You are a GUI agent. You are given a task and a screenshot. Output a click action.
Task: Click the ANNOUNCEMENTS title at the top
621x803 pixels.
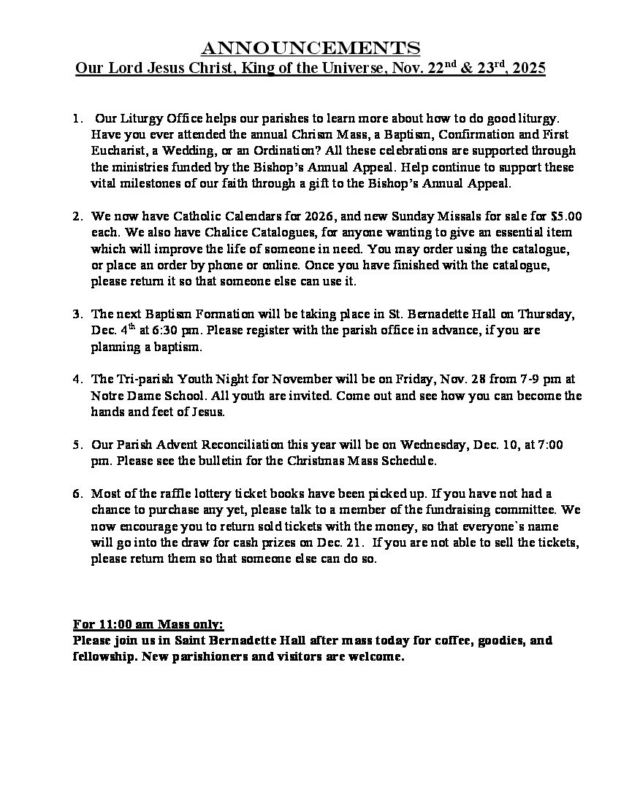[x=310, y=49]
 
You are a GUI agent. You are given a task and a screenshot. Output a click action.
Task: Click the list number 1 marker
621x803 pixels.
[x=77, y=118]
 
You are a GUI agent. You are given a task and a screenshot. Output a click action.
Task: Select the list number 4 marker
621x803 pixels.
[x=77, y=379]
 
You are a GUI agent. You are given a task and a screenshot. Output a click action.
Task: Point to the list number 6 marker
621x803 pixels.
[x=77, y=493]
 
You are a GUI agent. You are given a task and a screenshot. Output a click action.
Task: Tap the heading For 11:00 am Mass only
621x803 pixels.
[x=148, y=625]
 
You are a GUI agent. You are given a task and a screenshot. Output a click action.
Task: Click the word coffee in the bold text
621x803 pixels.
[x=444, y=641]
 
